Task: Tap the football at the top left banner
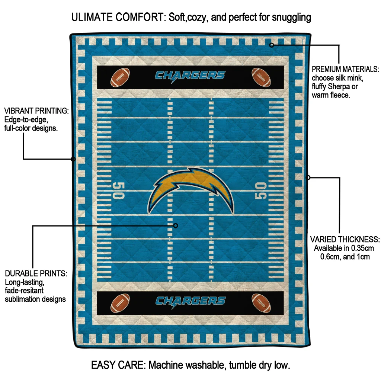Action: click(120, 77)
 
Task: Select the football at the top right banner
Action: click(261, 77)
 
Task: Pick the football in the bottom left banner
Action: click(120, 303)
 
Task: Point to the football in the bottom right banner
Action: click(261, 303)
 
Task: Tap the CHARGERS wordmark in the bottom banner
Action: click(190, 302)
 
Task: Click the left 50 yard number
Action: click(119, 190)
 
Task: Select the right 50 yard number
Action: click(261, 190)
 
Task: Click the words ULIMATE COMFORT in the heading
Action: click(118, 17)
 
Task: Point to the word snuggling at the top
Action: click(291, 18)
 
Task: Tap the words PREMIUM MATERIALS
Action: click(345, 69)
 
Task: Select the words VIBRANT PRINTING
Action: click(36, 111)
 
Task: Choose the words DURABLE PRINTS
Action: click(36, 273)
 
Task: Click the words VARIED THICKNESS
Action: click(345, 240)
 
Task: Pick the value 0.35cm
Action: click(361, 248)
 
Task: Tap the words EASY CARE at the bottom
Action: click(118, 365)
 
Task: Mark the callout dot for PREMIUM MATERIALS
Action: click(272, 45)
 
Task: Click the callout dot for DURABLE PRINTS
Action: click(176, 226)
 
